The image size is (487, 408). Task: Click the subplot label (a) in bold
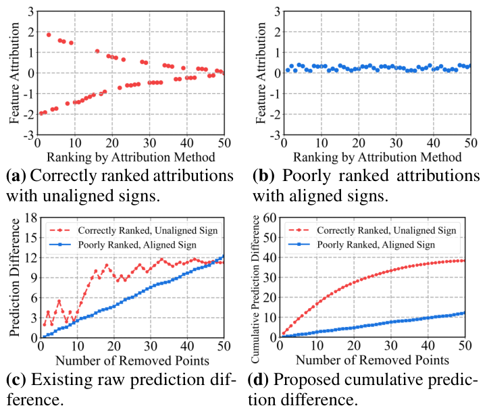(15, 176)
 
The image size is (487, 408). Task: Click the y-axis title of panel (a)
(14, 73)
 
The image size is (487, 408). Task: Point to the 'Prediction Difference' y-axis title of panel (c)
(14, 276)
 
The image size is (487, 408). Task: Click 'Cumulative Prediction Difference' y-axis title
(262, 278)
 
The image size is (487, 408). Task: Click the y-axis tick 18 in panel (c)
(30, 217)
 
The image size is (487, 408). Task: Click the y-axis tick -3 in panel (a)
(30, 136)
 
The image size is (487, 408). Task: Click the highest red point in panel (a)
(49, 34)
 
